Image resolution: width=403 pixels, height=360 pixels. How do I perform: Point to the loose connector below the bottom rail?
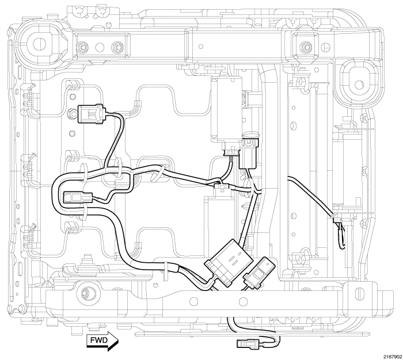(249, 345)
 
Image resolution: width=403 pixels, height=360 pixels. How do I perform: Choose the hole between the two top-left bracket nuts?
(100, 47)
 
